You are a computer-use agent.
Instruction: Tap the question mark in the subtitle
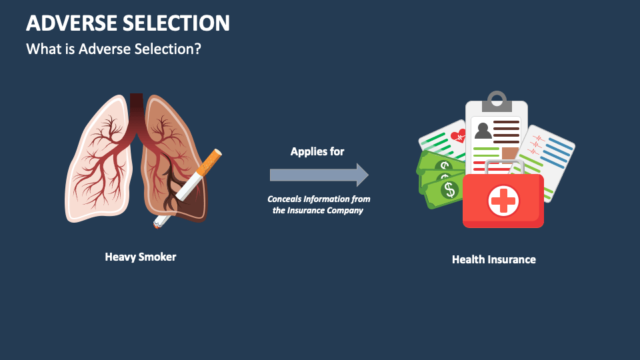(x=197, y=49)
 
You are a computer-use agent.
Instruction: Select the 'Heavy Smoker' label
(x=141, y=257)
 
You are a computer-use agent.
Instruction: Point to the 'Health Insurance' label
(x=494, y=259)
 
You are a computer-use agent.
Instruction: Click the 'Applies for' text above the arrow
(x=317, y=152)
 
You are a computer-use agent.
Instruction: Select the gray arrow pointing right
(x=319, y=175)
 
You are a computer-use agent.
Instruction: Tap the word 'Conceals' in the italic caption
(x=284, y=199)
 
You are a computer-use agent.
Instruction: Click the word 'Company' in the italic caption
(x=346, y=211)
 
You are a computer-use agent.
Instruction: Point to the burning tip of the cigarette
(x=156, y=224)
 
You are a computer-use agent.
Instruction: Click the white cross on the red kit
(x=503, y=201)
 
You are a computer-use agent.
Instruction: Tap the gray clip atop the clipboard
(x=497, y=101)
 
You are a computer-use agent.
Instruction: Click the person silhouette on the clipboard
(x=483, y=131)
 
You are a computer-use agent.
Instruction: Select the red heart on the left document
(x=458, y=136)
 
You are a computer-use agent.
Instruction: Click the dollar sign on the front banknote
(x=449, y=190)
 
